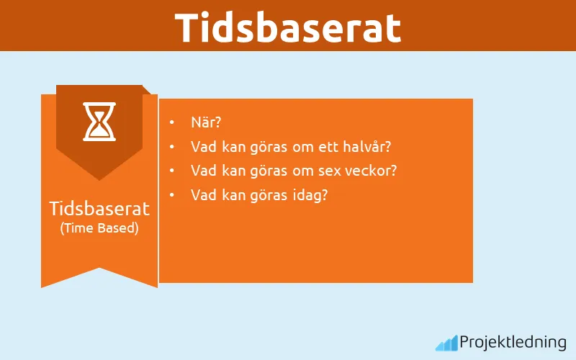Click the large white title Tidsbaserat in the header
[x=288, y=27]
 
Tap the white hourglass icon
[x=99, y=121]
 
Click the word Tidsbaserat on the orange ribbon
[x=99, y=209]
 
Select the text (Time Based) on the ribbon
[x=99, y=228]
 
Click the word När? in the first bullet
[x=205, y=122]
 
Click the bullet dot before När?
[x=171, y=123]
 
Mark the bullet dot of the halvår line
[x=171, y=147]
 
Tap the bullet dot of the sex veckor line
[x=171, y=171]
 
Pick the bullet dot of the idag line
[x=171, y=194]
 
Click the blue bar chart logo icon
[x=446, y=343]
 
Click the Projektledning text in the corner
[x=513, y=342]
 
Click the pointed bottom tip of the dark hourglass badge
[x=99, y=179]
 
